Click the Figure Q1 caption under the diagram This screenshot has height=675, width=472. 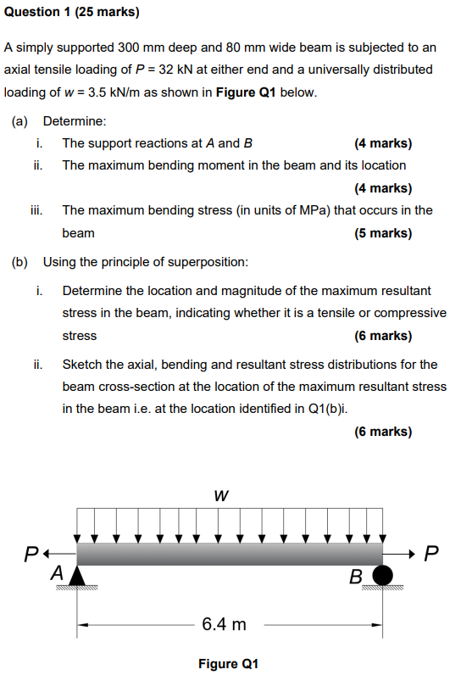[228, 663]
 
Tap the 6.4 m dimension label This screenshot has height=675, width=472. [224, 625]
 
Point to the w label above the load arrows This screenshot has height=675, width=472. [221, 495]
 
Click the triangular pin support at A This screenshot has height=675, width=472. [78, 576]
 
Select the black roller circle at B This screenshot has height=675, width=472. [384, 576]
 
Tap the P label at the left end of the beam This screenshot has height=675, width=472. [31, 555]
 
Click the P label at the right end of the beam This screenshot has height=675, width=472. [431, 555]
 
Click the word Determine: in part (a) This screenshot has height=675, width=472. [75, 121]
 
